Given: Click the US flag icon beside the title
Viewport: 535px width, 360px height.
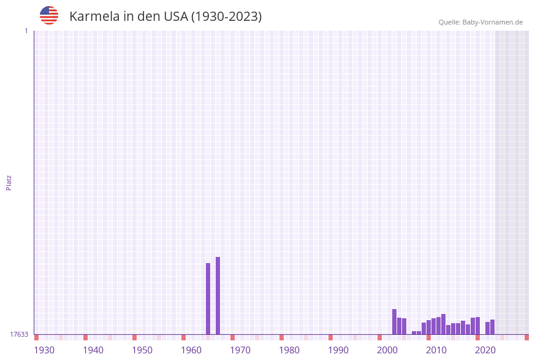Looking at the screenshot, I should click(x=49, y=15).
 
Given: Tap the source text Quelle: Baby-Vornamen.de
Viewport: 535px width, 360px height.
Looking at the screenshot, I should click(x=480, y=22).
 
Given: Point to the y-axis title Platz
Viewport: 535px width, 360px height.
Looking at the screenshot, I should click(x=9, y=182).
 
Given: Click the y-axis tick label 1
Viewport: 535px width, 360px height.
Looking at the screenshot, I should click(x=26, y=31).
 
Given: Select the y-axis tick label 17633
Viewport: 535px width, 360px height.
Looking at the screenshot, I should click(x=19, y=334).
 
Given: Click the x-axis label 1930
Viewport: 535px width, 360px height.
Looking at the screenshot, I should click(x=44, y=350).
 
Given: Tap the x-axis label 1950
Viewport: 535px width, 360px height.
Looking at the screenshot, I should click(x=142, y=350).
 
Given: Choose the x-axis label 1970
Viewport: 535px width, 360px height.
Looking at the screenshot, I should click(x=240, y=350).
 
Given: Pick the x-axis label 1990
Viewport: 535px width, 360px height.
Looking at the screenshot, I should click(x=338, y=350).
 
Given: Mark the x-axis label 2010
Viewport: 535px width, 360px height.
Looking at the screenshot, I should click(x=436, y=350).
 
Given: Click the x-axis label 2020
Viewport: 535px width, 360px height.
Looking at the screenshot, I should click(x=485, y=350).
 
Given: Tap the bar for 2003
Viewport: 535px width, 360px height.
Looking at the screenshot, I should click(x=394, y=321).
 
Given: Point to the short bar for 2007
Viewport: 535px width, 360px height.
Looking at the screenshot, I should click(x=414, y=332).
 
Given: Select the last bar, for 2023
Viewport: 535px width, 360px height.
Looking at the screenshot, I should click(x=492, y=327).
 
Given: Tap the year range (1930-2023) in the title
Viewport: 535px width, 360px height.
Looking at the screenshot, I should click(x=226, y=17).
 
